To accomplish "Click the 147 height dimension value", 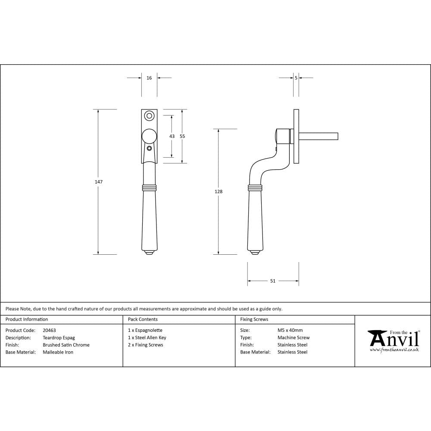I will pos(99,182).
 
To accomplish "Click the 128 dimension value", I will pos(219,191).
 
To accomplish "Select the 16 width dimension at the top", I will pos(149,78).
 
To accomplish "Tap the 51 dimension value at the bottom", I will pos(273,281).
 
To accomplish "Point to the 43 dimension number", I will pos(172,136).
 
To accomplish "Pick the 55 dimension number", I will pos(182,136).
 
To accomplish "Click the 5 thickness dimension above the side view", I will pos(296,78).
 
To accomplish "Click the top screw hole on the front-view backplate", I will pos(149,116).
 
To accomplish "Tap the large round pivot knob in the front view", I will pos(149,136).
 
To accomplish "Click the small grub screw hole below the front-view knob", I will pos(149,149).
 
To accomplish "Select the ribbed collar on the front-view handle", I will pos(149,188).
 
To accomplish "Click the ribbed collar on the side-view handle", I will pos(255,188).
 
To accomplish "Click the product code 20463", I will pos(49,331).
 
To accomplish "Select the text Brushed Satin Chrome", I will pos(66,345).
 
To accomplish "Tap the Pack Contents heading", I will pos(143,319).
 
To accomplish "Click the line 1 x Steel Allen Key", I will pos(147,338).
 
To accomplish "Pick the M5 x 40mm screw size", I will pos(290,331).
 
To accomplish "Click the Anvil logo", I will pos(394,339).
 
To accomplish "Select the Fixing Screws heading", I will pos(254,319).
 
